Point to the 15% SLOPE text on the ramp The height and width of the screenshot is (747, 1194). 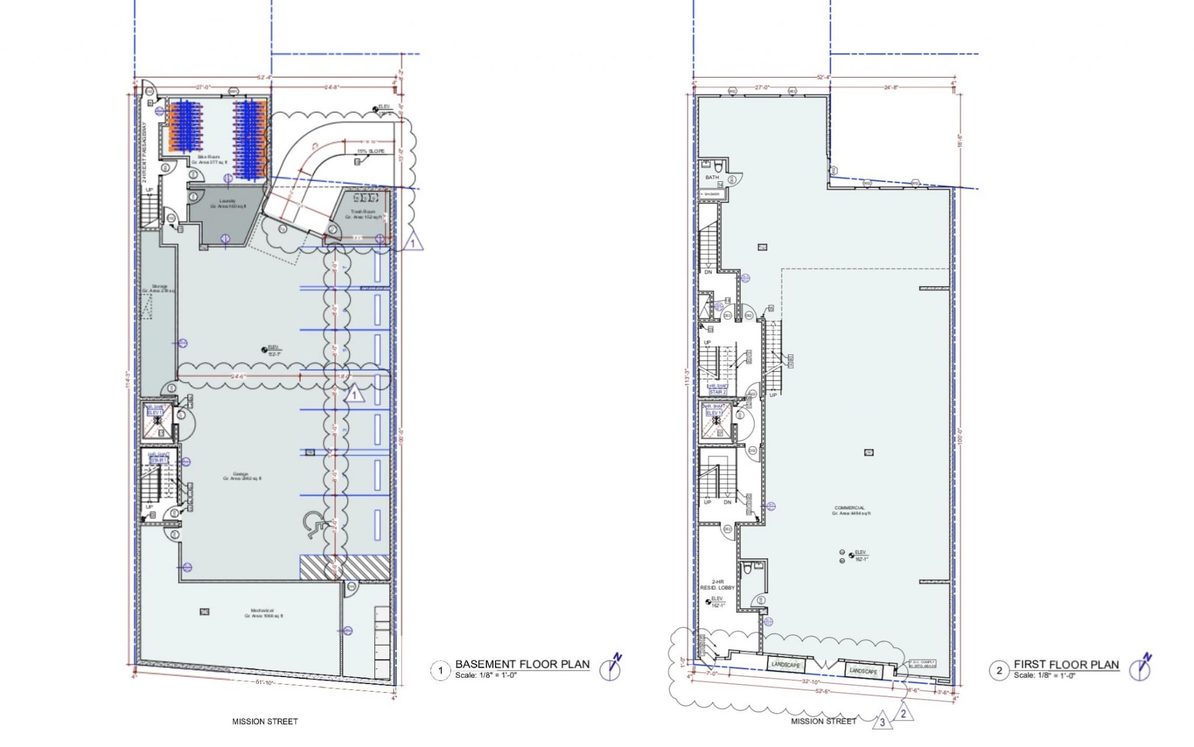click(371, 151)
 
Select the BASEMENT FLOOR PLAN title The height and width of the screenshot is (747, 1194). click(522, 664)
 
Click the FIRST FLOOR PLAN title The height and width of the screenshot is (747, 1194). click(1066, 664)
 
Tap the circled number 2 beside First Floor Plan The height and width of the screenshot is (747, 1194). click(999, 671)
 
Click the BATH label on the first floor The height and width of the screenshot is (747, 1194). click(712, 177)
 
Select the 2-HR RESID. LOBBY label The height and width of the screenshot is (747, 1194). click(717, 585)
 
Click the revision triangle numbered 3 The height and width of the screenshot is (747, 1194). click(882, 723)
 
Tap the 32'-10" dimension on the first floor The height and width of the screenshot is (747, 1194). click(811, 682)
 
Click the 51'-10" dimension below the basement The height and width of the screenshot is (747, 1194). click(264, 682)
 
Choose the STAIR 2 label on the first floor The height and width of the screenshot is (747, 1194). click(717, 392)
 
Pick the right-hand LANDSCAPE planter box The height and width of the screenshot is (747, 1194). click(863, 671)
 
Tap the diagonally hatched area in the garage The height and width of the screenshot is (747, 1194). click(344, 567)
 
